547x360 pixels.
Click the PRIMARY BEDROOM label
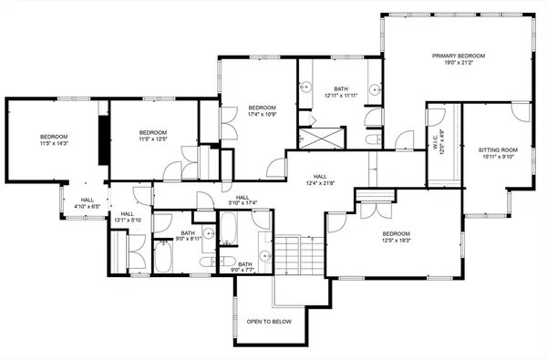(x=459, y=56)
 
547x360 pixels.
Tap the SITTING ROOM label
(x=498, y=149)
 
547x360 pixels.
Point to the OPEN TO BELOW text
(x=268, y=322)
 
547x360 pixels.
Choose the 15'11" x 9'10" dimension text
(x=498, y=156)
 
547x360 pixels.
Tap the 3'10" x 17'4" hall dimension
(x=243, y=202)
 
